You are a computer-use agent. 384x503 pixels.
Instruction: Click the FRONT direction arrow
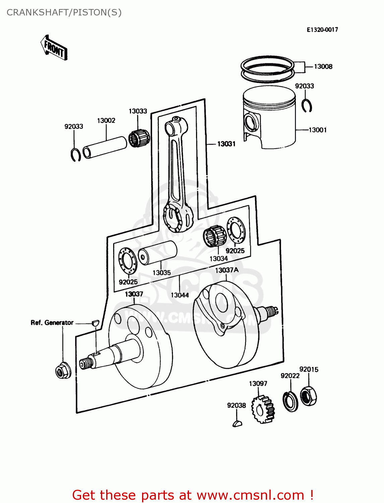click(54, 48)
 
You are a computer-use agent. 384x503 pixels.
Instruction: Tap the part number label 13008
click(323, 67)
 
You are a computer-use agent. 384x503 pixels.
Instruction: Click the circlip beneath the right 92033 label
click(307, 106)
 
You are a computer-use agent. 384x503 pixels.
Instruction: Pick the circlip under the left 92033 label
click(76, 154)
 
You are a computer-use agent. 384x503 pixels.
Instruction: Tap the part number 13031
click(226, 144)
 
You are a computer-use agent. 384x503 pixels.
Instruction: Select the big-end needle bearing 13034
click(215, 236)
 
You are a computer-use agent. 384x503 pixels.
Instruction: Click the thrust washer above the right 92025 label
click(236, 230)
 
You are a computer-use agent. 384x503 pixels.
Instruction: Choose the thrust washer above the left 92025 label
click(128, 261)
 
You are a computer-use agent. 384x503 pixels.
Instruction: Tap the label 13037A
click(227, 270)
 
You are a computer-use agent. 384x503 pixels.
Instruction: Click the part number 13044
click(180, 295)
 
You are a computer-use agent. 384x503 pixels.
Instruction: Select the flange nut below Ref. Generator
click(63, 371)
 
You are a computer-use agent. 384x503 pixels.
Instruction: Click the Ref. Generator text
click(52, 323)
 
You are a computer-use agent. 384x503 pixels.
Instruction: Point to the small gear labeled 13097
click(263, 409)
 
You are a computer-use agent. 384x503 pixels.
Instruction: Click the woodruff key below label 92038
click(237, 424)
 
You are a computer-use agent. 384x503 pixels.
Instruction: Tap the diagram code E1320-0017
click(322, 30)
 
